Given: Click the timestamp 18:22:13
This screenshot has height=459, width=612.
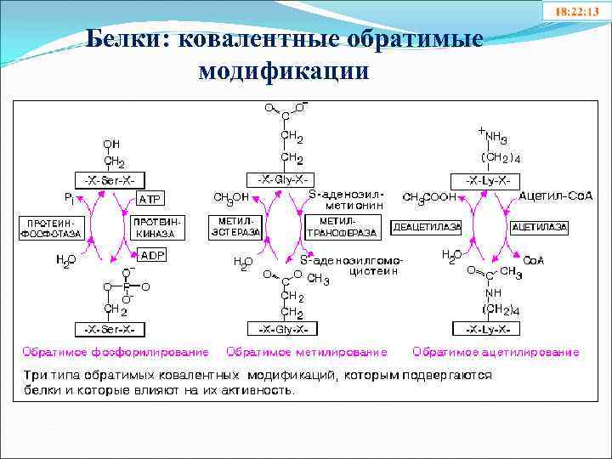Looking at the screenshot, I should tap(575, 13).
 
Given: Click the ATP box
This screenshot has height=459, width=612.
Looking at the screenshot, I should tap(149, 199).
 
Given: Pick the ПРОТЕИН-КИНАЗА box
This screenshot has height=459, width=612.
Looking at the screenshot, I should tap(155, 226).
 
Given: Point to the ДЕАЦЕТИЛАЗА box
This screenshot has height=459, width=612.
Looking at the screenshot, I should tap(427, 228).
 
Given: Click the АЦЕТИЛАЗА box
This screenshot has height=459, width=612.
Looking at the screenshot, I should tap(539, 228).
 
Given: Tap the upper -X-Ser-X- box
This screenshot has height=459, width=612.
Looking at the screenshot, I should tap(110, 179).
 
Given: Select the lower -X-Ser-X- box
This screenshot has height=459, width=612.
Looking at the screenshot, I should tap(110, 328).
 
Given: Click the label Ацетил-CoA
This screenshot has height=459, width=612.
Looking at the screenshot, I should tap(555, 195).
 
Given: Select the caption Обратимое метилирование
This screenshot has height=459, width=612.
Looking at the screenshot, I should tap(307, 351).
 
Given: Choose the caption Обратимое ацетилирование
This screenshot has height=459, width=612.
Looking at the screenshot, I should tap(496, 351).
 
